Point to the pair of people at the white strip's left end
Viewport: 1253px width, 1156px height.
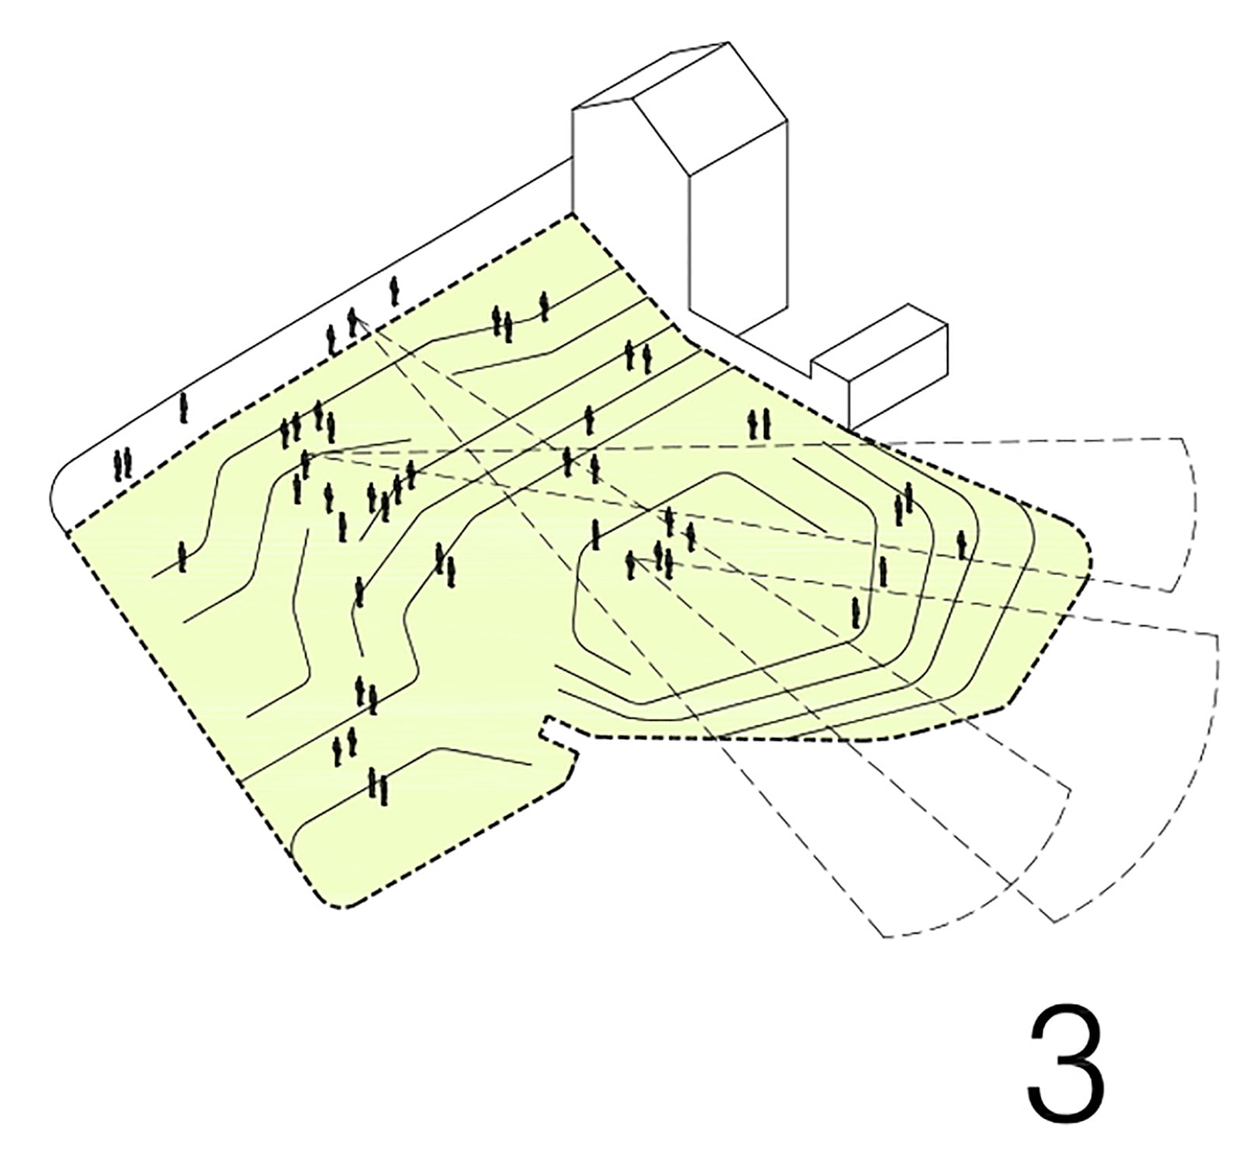click(122, 464)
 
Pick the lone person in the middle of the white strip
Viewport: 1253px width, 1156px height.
click(183, 407)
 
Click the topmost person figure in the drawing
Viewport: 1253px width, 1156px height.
click(394, 291)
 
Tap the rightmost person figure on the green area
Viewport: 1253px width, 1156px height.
click(961, 545)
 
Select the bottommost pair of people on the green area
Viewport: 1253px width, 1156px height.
click(378, 787)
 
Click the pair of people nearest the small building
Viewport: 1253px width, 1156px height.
click(759, 424)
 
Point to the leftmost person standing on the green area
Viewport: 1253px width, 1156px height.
click(182, 556)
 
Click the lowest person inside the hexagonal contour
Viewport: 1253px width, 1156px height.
click(855, 612)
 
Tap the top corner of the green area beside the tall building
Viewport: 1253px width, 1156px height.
click(572, 213)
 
